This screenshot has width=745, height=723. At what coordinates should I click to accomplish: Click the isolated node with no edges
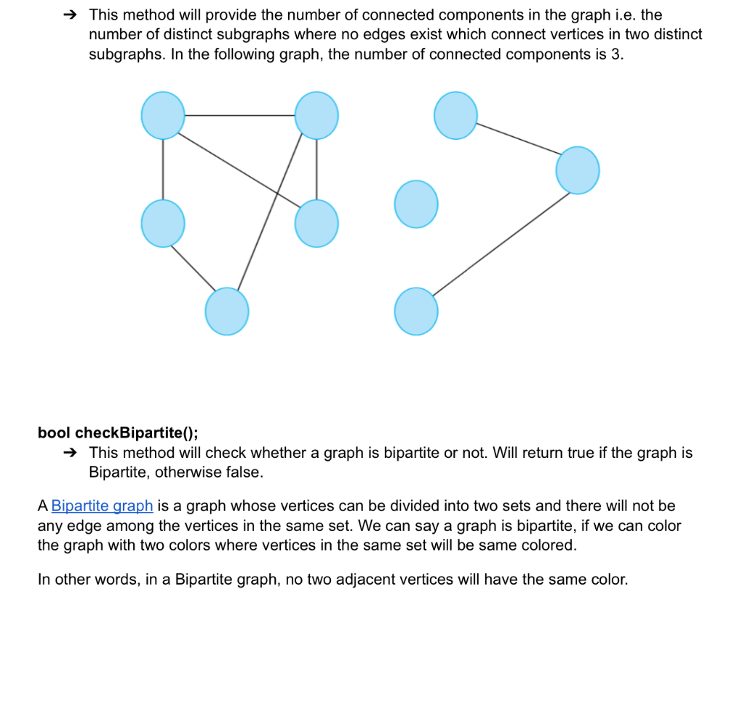click(416, 204)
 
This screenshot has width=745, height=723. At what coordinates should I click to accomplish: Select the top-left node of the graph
click(163, 115)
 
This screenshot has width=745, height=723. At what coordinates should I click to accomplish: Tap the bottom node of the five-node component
click(227, 311)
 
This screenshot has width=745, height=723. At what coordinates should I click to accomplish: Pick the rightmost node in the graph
click(578, 170)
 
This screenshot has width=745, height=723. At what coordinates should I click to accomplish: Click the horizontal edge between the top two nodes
click(239, 115)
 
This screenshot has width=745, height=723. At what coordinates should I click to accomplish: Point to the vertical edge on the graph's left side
click(163, 169)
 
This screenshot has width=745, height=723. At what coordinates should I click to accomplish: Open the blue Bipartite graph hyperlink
click(102, 505)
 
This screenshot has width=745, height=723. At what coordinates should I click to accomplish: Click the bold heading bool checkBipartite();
click(118, 432)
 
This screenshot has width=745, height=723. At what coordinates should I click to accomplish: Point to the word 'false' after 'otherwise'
click(243, 472)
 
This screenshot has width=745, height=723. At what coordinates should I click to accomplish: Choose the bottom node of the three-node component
click(416, 311)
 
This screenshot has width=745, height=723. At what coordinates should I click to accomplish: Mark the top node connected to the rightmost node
click(455, 115)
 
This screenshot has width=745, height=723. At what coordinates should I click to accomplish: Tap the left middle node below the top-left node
click(163, 224)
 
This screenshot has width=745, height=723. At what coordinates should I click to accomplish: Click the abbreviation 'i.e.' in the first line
click(624, 15)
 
